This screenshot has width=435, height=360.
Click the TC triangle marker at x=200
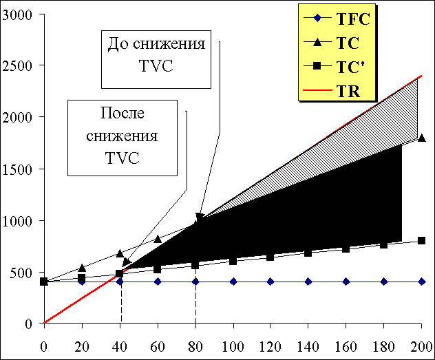421,138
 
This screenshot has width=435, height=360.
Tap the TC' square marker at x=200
421,240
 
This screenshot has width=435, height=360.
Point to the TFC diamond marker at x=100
233,282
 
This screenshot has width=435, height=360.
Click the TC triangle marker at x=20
82,268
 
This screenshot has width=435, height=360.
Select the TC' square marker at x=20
82,278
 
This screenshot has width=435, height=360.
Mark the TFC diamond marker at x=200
421,282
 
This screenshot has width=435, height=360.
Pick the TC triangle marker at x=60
158,239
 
